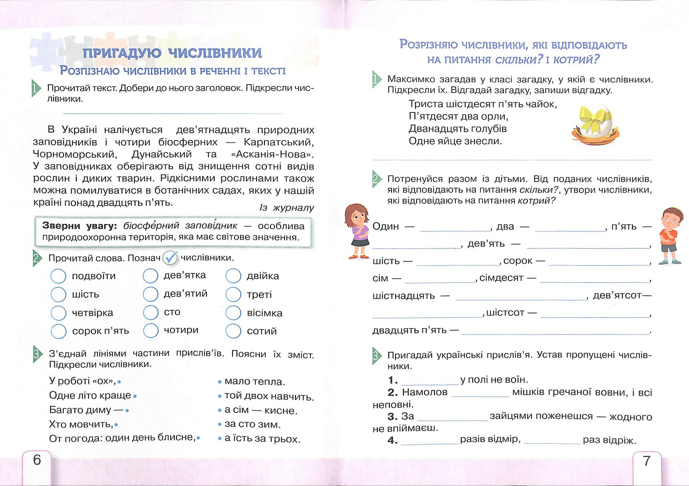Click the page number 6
tap(37, 460)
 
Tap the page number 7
tap(647, 461)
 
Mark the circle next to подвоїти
tap(58, 276)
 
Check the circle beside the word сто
tap(150, 312)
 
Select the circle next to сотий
tap(233, 331)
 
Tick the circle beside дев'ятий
tap(150, 294)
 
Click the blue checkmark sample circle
tap(170, 258)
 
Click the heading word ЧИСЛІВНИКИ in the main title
tap(215, 53)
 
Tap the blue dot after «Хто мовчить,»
tap(116, 424)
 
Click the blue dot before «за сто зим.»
tap(220, 424)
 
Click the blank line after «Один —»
tap(455, 227)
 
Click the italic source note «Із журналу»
tap(287, 208)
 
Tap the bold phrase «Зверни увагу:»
tap(79, 226)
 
